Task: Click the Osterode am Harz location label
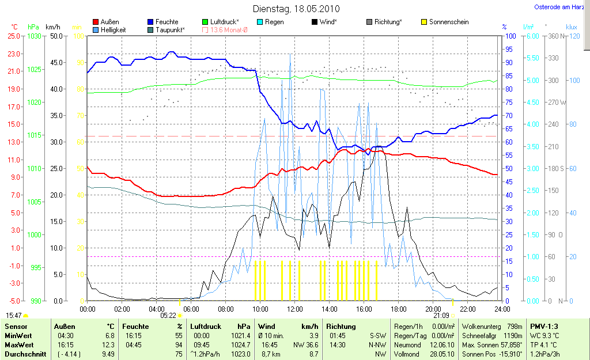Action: point(559,7)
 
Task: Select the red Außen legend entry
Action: point(106,22)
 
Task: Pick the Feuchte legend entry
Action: point(163,22)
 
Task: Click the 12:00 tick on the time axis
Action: point(295,309)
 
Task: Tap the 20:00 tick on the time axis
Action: point(433,309)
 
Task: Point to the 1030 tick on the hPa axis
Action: point(35,36)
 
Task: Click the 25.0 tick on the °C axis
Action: point(13,36)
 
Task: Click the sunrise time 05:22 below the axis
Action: point(168,316)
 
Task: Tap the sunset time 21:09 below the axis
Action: point(441,316)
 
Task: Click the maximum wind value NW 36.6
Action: point(306,345)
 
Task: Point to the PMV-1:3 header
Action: point(545,327)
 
